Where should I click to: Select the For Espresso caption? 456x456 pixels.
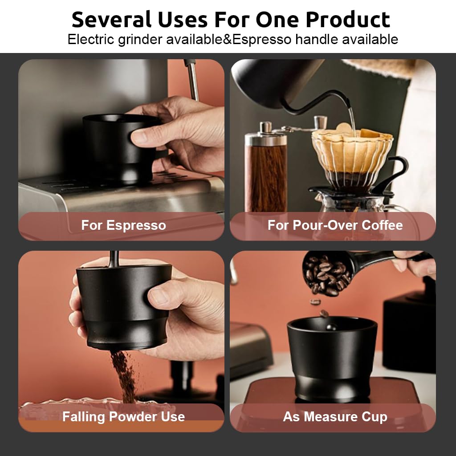pyautogui.click(x=123, y=225)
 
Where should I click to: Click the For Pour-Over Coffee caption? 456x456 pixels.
pyautogui.click(x=335, y=225)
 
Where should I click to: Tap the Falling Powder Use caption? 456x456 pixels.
pyautogui.click(x=123, y=417)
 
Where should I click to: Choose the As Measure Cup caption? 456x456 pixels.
pyautogui.click(x=335, y=417)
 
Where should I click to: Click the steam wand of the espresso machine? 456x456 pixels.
pyautogui.click(x=193, y=80)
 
